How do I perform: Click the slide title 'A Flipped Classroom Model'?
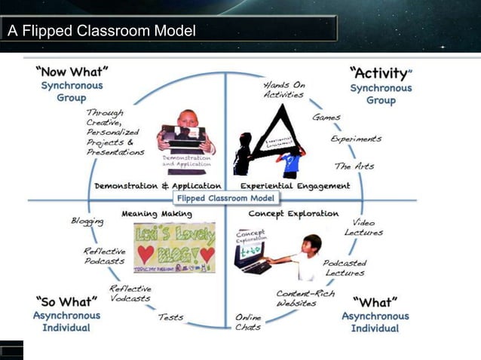click(x=102, y=32)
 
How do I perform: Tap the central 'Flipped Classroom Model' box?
click(x=226, y=198)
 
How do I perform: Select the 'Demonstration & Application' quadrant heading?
click(x=158, y=185)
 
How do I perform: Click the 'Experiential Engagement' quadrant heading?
click(x=296, y=185)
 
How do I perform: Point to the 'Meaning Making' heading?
click(x=150, y=214)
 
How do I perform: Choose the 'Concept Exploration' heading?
click(x=293, y=214)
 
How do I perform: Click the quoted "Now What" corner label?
click(x=72, y=72)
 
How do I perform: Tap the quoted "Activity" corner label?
click(x=381, y=73)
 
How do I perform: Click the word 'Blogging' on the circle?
click(x=87, y=221)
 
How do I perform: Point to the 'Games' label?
click(x=326, y=117)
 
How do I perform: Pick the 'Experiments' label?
click(x=356, y=139)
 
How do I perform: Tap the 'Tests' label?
click(x=170, y=317)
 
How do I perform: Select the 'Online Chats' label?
click(x=248, y=322)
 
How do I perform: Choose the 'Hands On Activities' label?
click(x=284, y=90)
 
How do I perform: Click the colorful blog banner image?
click(x=174, y=247)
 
